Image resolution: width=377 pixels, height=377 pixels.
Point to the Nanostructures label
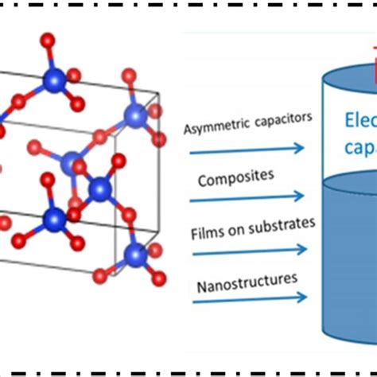pos(235,279)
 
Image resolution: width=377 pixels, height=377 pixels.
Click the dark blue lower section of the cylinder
pos(350,262)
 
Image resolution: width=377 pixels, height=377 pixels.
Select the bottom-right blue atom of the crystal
pos(136,256)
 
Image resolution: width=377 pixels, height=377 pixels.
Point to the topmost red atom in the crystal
pos(49,39)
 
